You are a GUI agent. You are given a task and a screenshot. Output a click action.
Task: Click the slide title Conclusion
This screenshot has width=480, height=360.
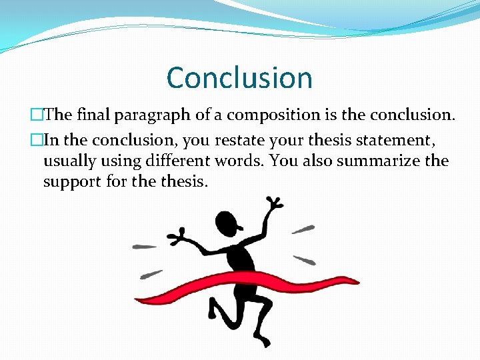(x=239, y=77)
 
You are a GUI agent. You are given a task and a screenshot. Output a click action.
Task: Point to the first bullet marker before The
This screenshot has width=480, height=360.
(x=37, y=115)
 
